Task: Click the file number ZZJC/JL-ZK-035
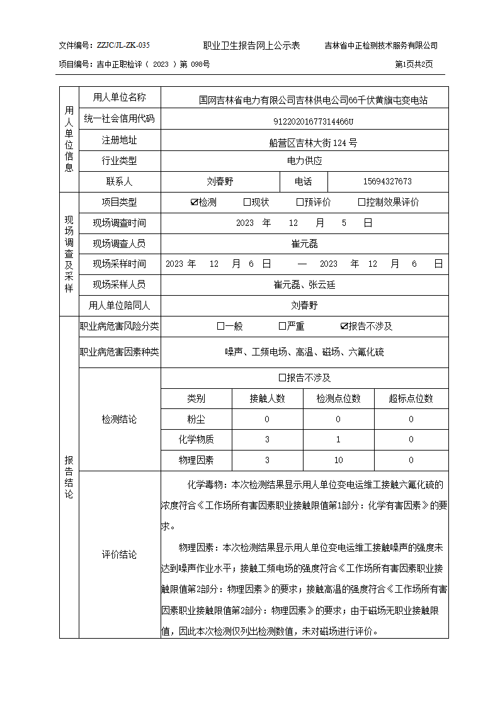pyautogui.click(x=123, y=45)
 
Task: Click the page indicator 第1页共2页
pyautogui.click(x=414, y=64)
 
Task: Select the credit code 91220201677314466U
pyautogui.click(x=305, y=121)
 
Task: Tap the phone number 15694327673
pyautogui.click(x=388, y=181)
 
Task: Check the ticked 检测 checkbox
pyautogui.click(x=195, y=202)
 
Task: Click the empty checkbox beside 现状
pyautogui.click(x=247, y=202)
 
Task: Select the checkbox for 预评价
pyautogui.click(x=300, y=202)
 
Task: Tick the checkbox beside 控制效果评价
pyautogui.click(x=361, y=202)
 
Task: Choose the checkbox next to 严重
pyautogui.click(x=282, y=326)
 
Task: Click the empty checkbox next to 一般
pyautogui.click(x=220, y=326)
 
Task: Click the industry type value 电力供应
pyautogui.click(x=305, y=160)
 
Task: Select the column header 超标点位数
pyautogui.click(x=411, y=398)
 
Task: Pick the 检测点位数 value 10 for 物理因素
pyautogui.click(x=339, y=460)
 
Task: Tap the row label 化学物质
pyautogui.click(x=196, y=439)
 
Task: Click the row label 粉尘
pyautogui.click(x=196, y=419)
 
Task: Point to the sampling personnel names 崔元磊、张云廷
pyautogui.click(x=305, y=284)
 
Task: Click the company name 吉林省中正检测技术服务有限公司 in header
pyautogui.click(x=381, y=45)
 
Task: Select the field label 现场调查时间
pyautogui.click(x=120, y=223)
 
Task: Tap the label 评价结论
pyautogui.click(x=120, y=555)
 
